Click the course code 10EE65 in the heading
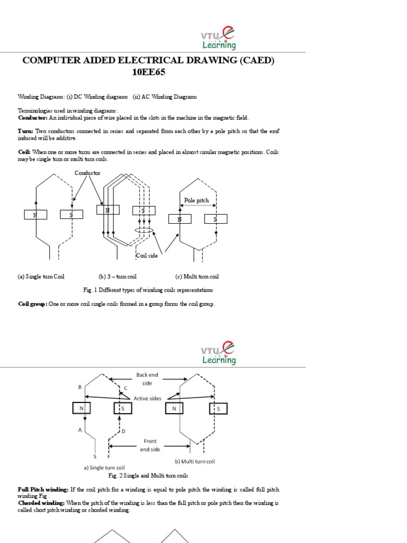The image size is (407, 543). (148, 73)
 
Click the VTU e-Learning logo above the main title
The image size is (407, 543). (218, 39)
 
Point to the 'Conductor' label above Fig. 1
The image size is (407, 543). (87, 173)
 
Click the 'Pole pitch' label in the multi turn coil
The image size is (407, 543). (197, 200)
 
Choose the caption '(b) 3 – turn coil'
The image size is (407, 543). (118, 276)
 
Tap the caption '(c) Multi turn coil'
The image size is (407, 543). (197, 276)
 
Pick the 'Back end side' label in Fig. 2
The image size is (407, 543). (147, 379)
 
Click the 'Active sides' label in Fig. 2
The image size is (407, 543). (147, 397)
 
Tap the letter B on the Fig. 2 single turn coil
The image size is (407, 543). (79, 387)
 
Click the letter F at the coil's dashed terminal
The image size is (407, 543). (109, 456)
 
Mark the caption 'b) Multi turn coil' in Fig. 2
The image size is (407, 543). (195, 461)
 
